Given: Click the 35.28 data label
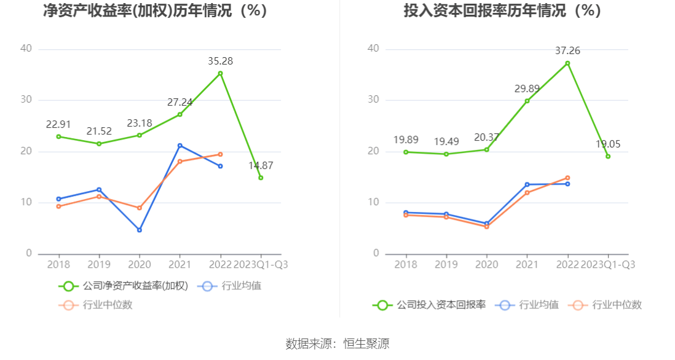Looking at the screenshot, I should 220,61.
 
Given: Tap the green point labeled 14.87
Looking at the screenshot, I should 261,178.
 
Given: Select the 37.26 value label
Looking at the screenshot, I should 567,51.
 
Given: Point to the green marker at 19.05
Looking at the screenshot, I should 608,156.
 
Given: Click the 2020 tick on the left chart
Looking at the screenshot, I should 139,265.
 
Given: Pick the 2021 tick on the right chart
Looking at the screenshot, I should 527,265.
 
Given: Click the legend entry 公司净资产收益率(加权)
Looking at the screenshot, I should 124,286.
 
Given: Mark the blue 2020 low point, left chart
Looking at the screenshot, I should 139,230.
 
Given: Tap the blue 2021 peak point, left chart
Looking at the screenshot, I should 180,146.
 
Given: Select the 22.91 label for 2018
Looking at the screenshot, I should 58,125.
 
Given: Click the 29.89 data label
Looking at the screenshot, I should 527,89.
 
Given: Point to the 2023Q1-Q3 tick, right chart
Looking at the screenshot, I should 608,265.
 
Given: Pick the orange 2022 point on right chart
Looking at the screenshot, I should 567,178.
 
